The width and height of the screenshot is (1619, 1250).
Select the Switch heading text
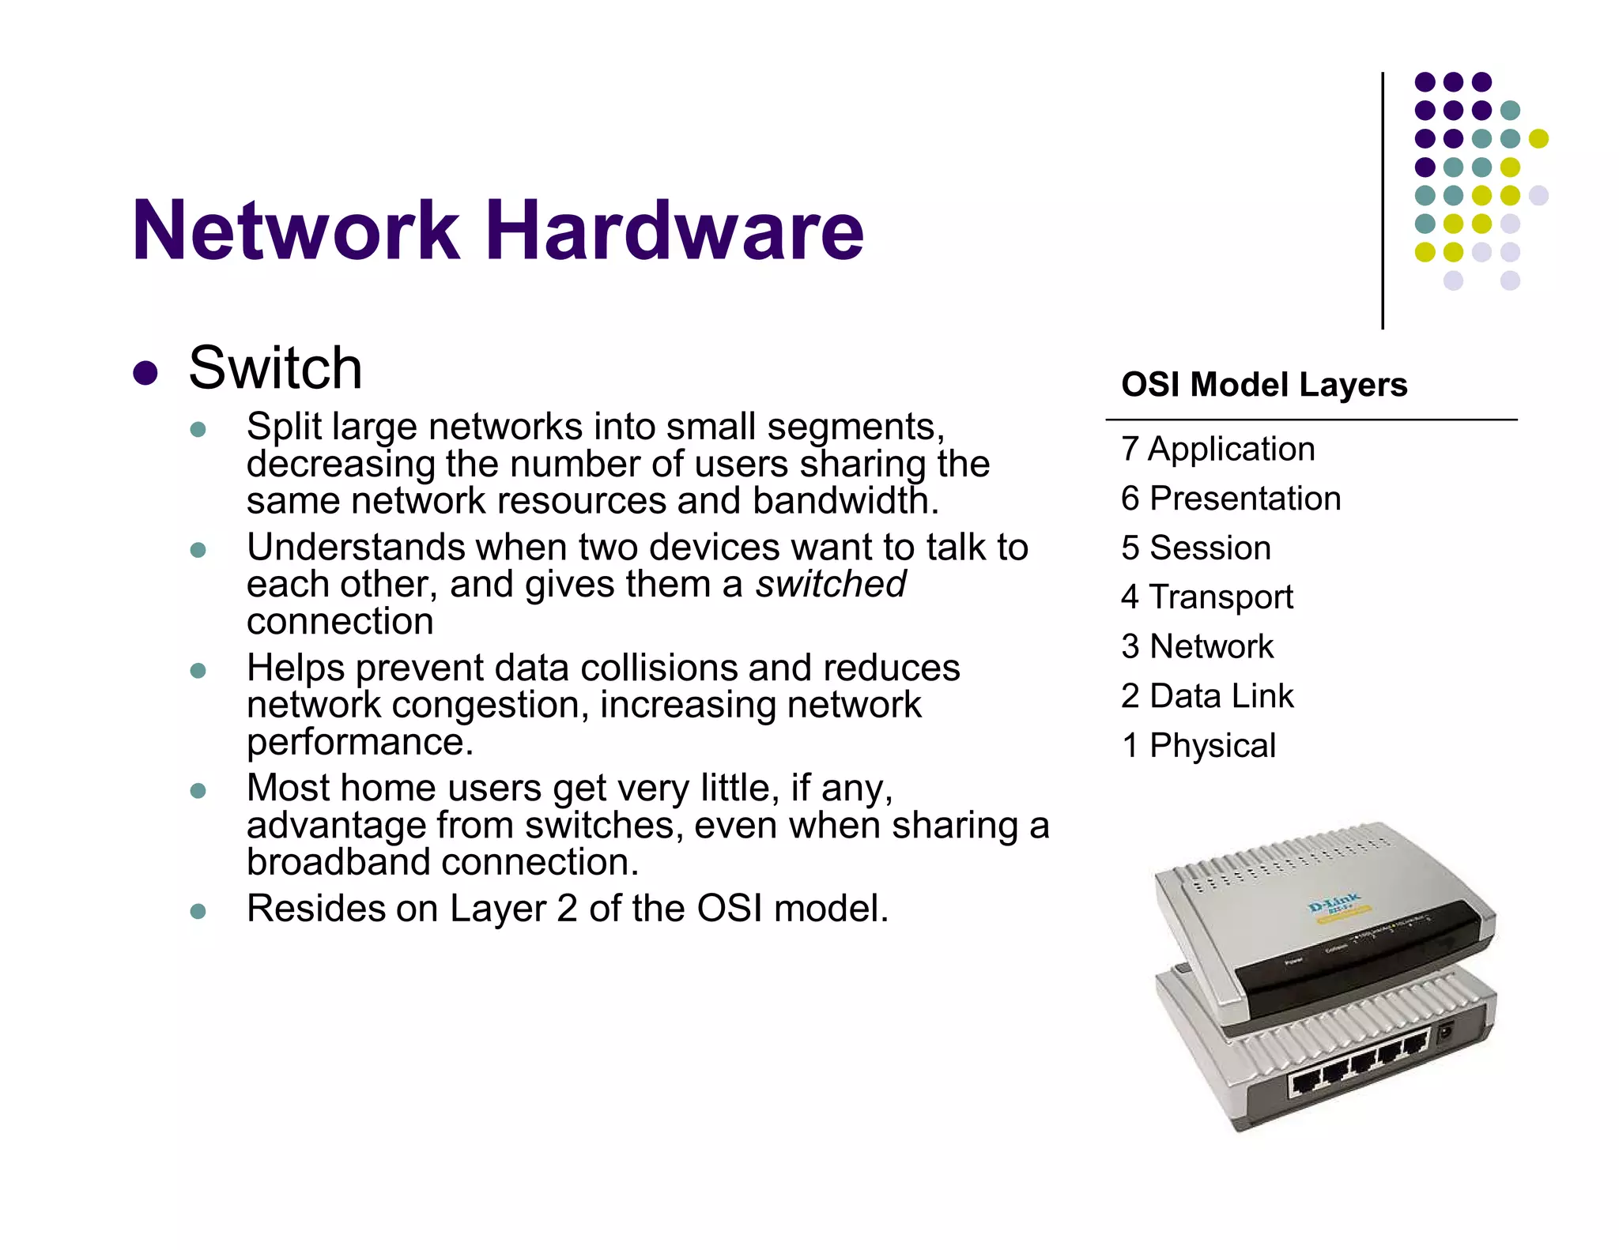point(275,368)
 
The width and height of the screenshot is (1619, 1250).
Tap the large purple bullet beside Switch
point(145,373)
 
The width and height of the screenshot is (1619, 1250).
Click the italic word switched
point(830,585)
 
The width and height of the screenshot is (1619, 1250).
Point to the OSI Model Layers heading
point(1264,385)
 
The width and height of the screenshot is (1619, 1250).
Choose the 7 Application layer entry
point(1217,450)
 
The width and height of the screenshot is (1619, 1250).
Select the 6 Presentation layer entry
point(1230,499)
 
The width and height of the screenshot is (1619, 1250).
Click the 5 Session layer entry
point(1195,548)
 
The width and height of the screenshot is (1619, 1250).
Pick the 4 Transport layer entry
point(1206,597)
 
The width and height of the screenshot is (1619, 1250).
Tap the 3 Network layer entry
point(1197,647)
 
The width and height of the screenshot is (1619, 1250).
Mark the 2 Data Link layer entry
point(1206,696)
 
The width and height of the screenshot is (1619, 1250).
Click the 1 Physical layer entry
point(1198,746)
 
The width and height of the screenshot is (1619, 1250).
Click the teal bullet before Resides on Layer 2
point(198,911)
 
